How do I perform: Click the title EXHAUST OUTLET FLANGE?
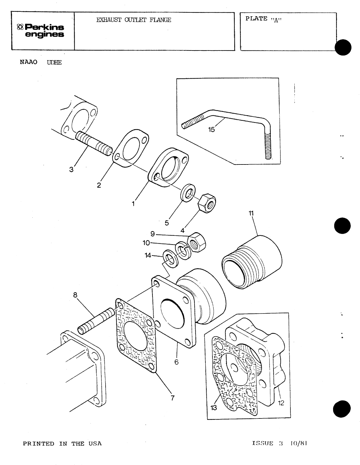click(x=133, y=20)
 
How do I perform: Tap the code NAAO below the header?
click(x=28, y=62)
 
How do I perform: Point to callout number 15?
click(x=211, y=129)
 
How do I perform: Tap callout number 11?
click(x=251, y=213)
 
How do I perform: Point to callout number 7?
click(x=172, y=398)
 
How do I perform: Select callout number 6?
click(x=177, y=362)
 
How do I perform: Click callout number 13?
click(x=214, y=408)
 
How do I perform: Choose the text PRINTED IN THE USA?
click(x=62, y=444)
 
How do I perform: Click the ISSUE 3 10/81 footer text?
click(x=280, y=444)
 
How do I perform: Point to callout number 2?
click(x=99, y=185)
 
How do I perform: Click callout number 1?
click(x=133, y=204)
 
